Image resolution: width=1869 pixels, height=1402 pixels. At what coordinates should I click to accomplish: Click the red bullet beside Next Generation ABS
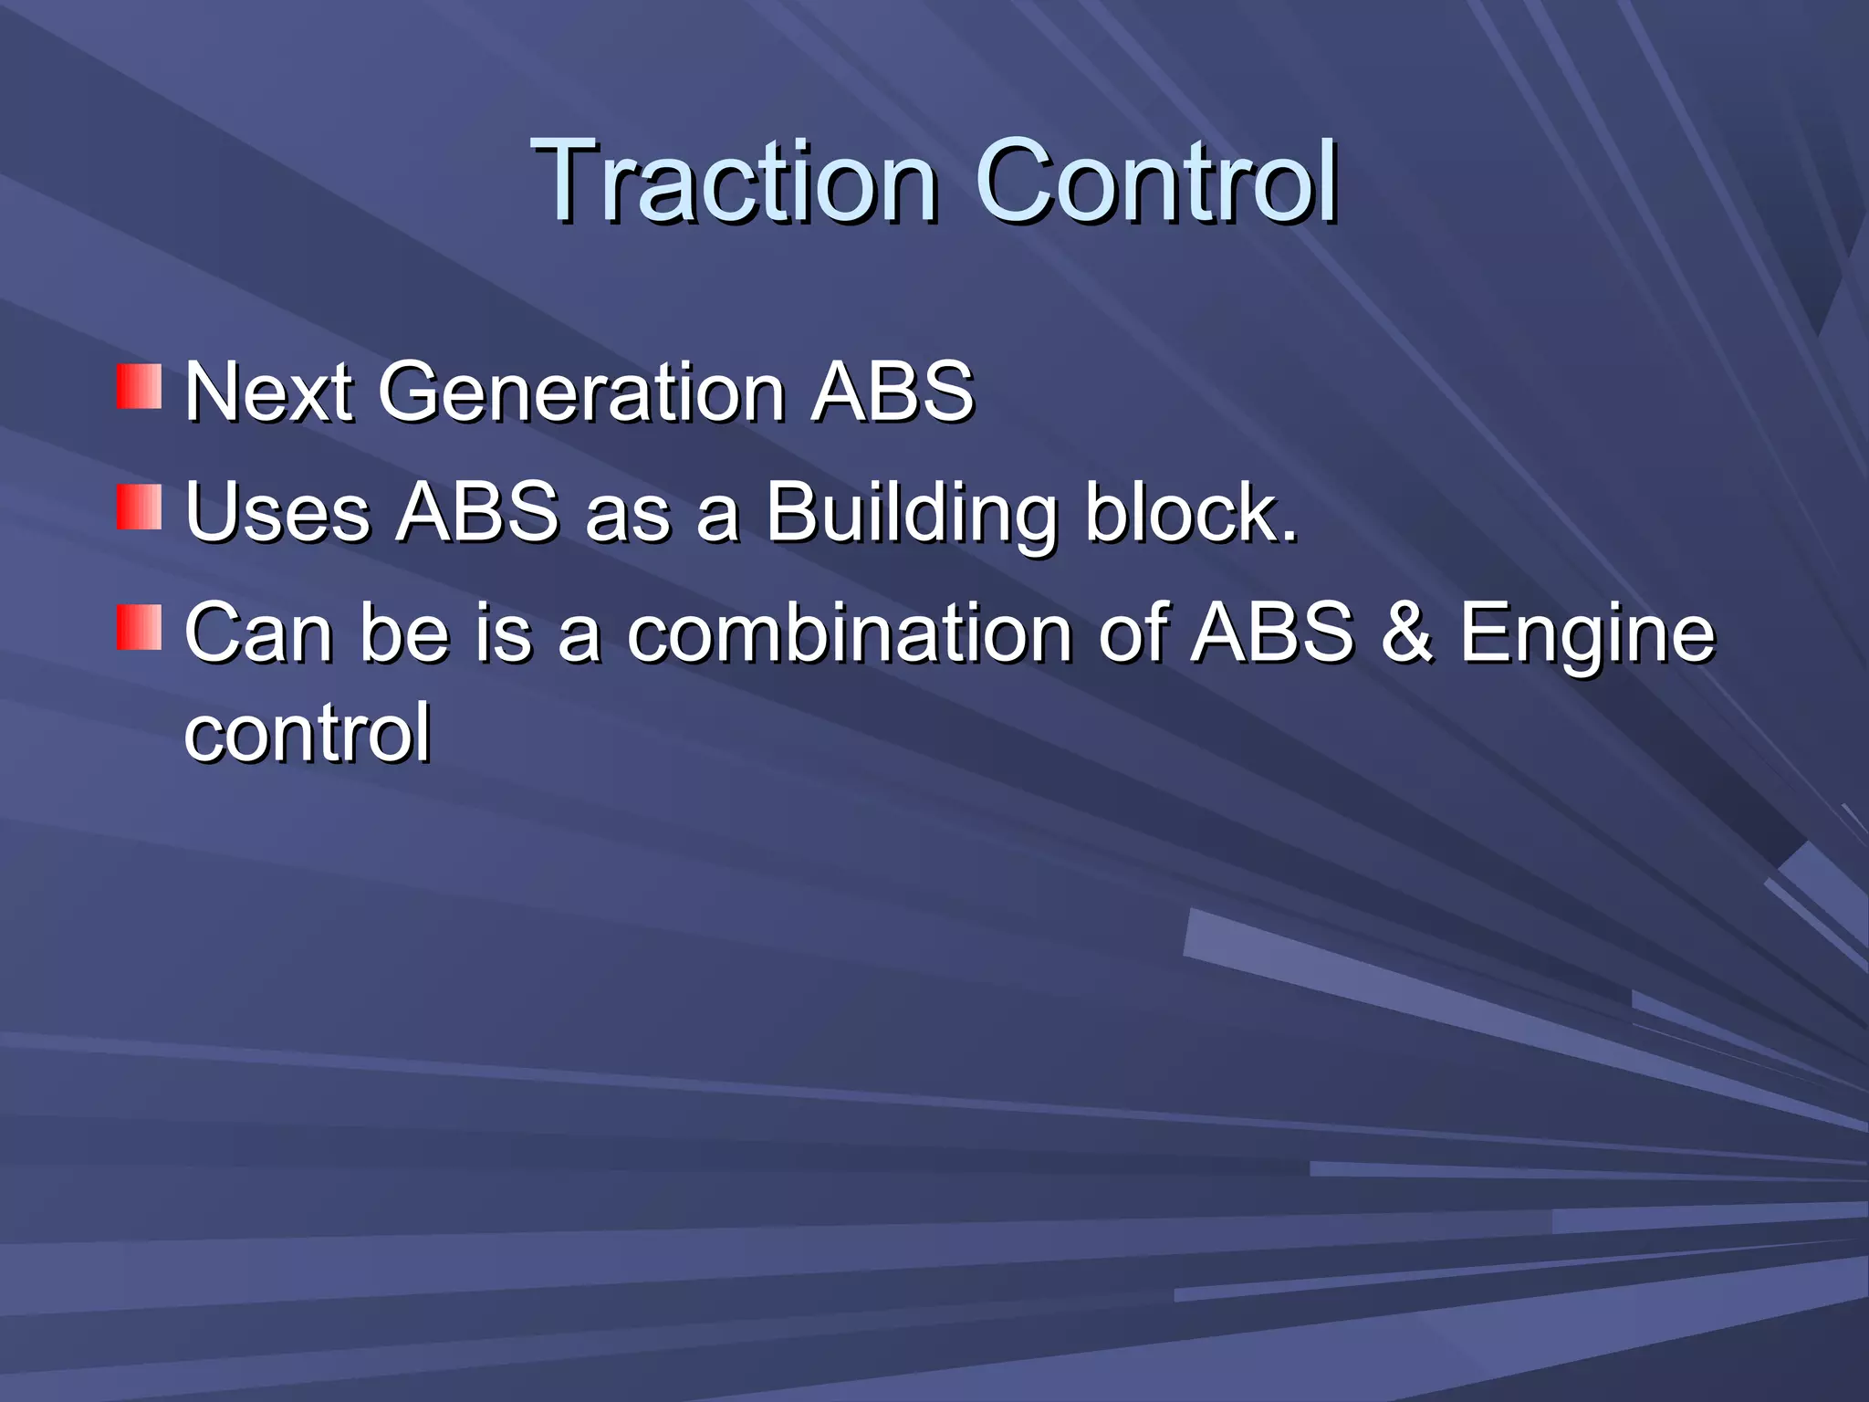(139, 387)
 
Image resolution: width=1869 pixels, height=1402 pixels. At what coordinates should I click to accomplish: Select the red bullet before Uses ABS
(139, 507)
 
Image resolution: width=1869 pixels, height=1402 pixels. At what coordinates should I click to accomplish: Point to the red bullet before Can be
(139, 628)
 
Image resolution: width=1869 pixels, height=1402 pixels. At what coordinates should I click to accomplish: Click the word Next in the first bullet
(268, 392)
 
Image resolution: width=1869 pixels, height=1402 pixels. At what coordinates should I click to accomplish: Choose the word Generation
(581, 392)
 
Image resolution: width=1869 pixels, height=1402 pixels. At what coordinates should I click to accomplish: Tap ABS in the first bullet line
(893, 392)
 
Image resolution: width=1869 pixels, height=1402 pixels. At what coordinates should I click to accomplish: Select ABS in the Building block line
(477, 513)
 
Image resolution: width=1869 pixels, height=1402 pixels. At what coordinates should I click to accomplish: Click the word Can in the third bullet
(259, 633)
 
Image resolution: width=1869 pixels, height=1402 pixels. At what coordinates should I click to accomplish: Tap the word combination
(850, 633)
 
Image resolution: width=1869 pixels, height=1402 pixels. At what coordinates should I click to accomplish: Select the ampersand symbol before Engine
(1406, 633)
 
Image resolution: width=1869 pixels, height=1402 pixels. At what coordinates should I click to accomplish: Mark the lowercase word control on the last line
(307, 733)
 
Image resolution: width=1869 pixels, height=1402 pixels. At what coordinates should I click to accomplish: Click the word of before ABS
(1133, 633)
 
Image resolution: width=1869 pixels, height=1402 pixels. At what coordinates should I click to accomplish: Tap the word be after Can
(405, 633)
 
